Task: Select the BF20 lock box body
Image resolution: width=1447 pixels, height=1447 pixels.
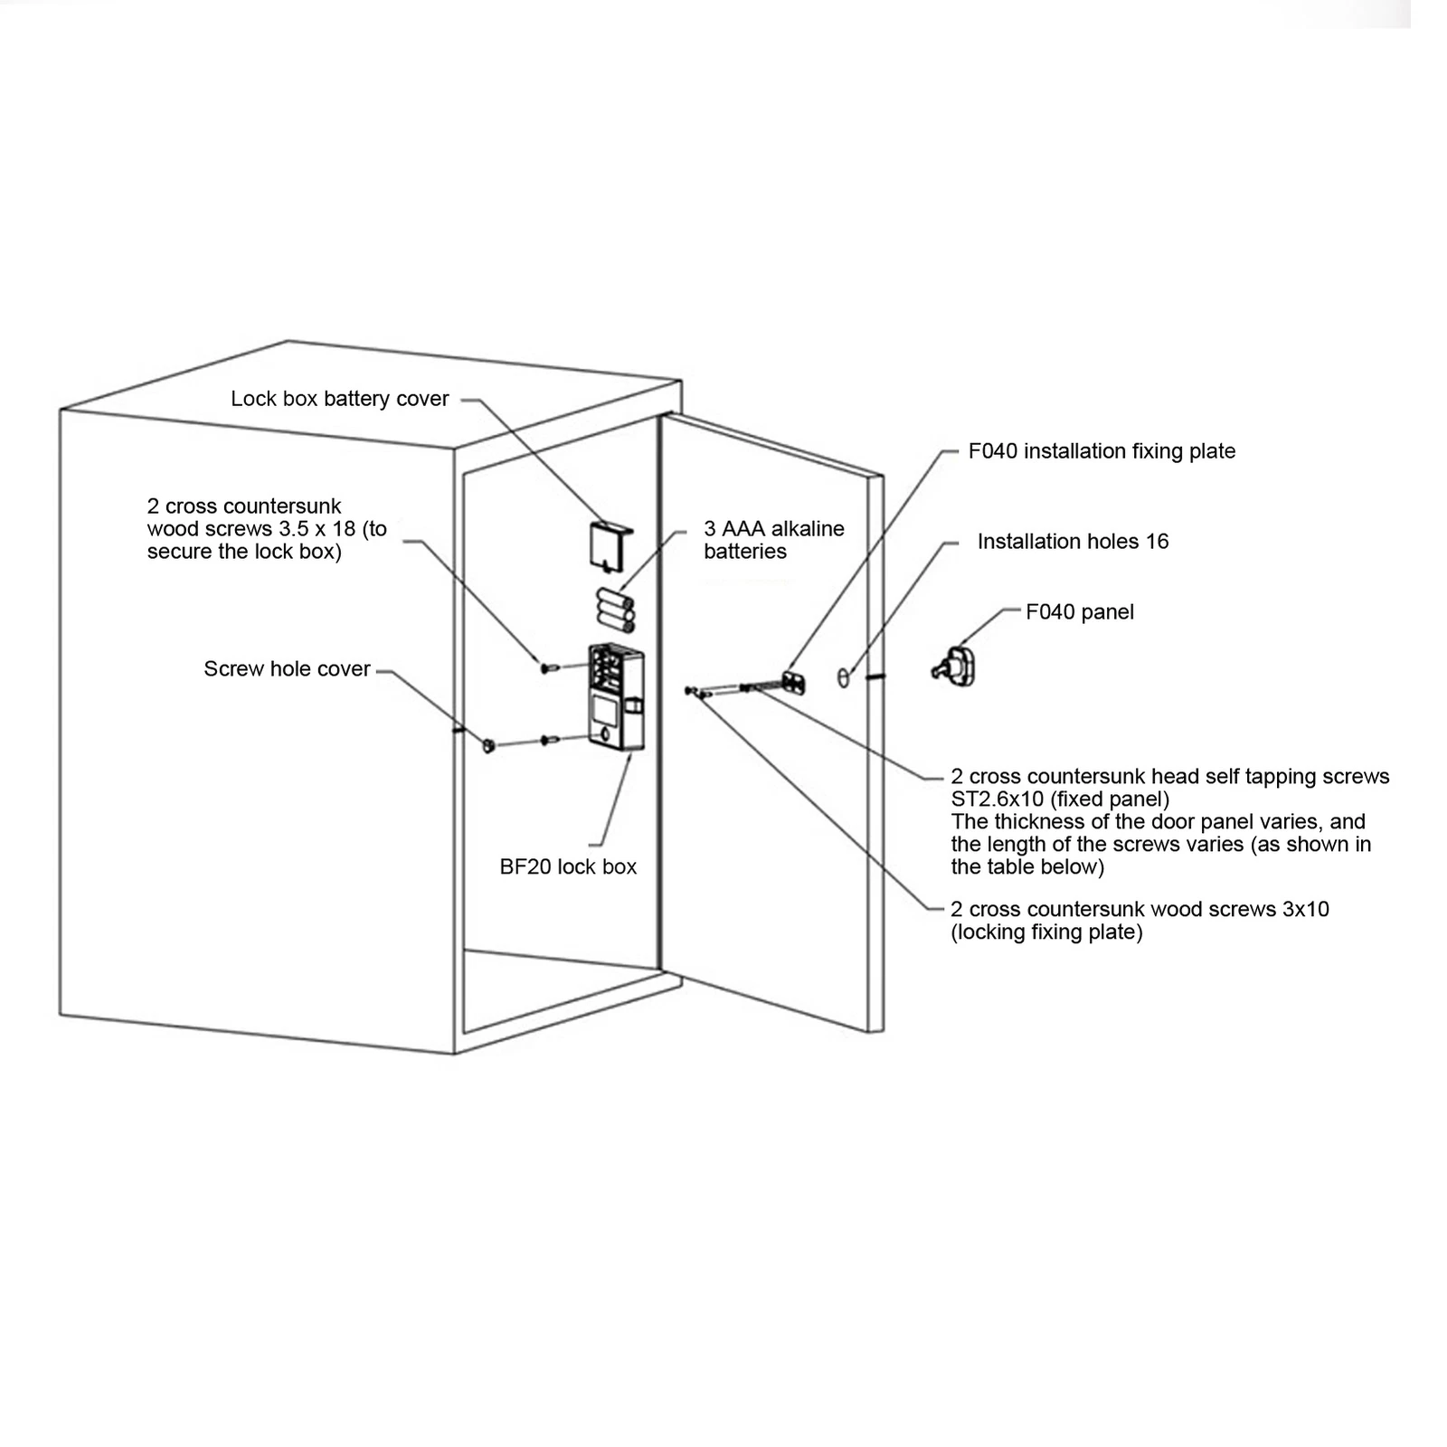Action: tap(615, 696)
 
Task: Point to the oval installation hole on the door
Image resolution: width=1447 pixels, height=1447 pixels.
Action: tap(844, 677)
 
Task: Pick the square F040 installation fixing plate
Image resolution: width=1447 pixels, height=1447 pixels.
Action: tap(794, 683)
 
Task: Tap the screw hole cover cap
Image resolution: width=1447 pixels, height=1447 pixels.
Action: tap(488, 746)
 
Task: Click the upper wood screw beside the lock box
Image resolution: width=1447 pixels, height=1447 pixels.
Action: tap(549, 667)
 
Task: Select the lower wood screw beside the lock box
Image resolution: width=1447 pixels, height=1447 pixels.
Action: tap(549, 740)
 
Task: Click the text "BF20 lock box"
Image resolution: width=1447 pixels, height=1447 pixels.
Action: tap(568, 866)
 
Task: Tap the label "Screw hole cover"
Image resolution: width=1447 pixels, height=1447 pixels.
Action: tap(287, 668)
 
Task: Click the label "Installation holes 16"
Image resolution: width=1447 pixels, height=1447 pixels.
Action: tap(1073, 541)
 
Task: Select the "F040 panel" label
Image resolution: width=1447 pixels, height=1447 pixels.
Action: tap(1079, 611)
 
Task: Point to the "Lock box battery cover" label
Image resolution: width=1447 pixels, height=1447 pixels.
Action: tap(339, 399)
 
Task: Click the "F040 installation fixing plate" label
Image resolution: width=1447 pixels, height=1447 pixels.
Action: tap(1102, 450)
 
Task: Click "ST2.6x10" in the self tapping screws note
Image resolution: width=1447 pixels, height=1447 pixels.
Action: tap(997, 799)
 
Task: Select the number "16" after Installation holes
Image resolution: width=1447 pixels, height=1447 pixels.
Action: tap(1157, 541)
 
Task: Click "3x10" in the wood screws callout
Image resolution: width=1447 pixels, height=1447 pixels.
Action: tap(1305, 909)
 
